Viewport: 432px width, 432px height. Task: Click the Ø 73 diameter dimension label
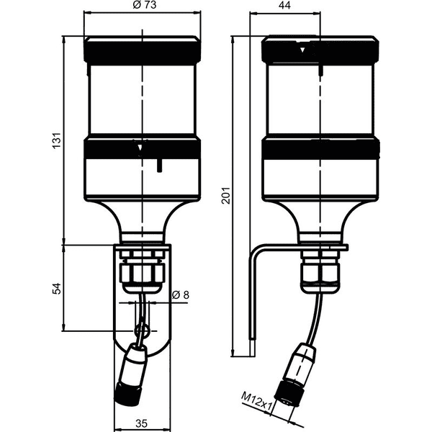tap(145, 5)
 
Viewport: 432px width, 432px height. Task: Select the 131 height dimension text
tap(56, 140)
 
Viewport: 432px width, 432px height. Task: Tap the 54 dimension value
tap(56, 288)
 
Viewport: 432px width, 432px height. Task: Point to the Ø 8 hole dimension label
tap(181, 294)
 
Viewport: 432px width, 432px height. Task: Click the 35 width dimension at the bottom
tap(142, 423)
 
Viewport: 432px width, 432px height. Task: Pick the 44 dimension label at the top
tap(284, 5)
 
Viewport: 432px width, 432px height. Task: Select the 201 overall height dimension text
tap(226, 195)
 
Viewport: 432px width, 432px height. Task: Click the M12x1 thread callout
tap(256, 400)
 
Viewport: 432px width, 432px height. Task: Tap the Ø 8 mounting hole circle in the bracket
tap(142, 330)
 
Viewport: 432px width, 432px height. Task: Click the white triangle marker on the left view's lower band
tap(140, 148)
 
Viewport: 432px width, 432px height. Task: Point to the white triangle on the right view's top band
tap(302, 50)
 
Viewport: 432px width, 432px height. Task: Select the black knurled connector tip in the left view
tap(127, 393)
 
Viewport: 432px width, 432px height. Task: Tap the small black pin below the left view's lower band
tap(159, 166)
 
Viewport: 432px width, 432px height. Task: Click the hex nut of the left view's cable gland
tap(142, 272)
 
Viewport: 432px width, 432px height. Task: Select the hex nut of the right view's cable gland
tap(320, 271)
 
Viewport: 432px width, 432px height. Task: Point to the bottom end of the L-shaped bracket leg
tap(253, 356)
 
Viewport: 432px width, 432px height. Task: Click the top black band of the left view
tap(142, 53)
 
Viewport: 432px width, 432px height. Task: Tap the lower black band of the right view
tap(320, 149)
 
